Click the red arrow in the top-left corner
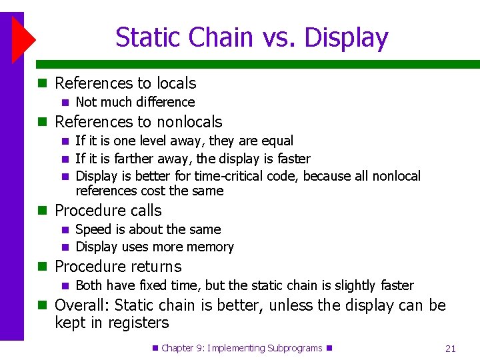tap(23, 40)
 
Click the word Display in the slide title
tap(346, 37)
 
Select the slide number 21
tap(450, 349)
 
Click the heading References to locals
tap(125, 83)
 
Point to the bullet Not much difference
tap(135, 102)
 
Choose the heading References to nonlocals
tap(138, 122)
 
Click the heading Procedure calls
tap(108, 211)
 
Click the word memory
tap(211, 247)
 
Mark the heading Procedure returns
tap(118, 267)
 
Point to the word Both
tap(90, 285)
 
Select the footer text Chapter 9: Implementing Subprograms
tap(241, 348)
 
